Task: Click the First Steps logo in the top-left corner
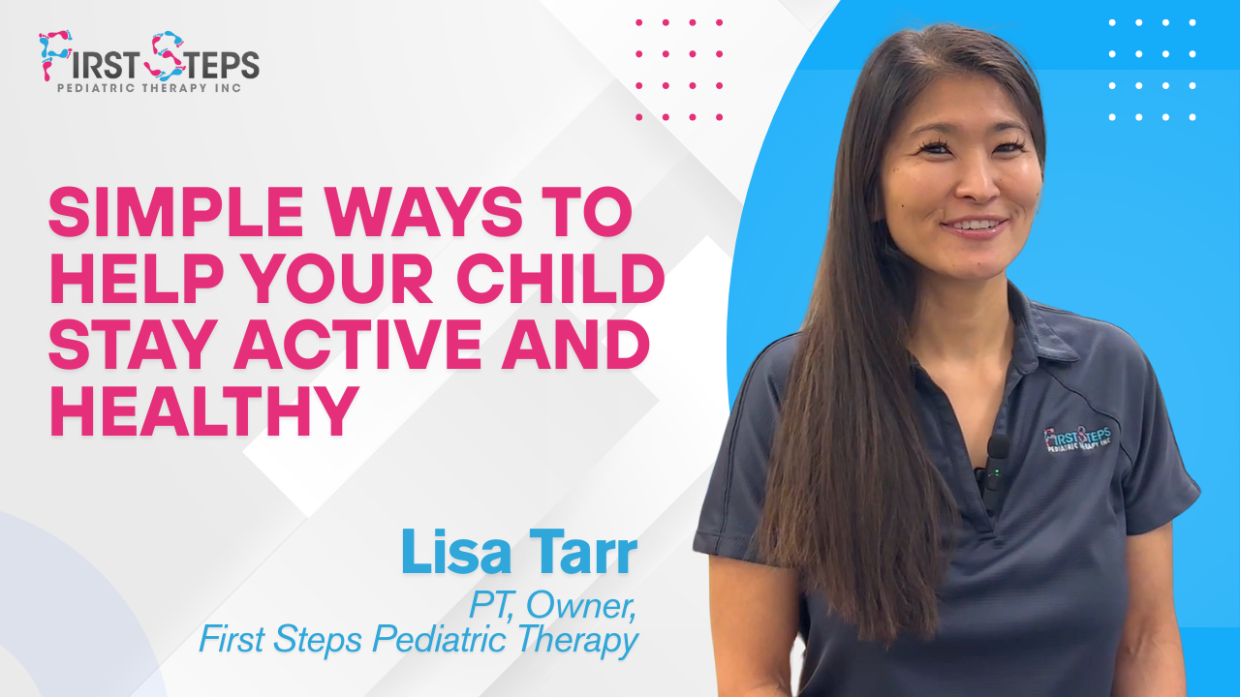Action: click(149, 61)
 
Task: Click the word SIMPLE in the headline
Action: click(176, 212)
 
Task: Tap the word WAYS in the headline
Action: click(423, 212)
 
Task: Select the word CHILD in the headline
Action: click(561, 278)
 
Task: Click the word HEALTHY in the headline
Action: click(202, 410)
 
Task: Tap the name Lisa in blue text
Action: click(455, 552)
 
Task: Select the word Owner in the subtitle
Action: click(580, 606)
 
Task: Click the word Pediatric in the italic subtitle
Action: click(439, 640)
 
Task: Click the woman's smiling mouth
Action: click(976, 227)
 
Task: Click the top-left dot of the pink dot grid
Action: click(638, 22)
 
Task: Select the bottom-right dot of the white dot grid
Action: click(1193, 117)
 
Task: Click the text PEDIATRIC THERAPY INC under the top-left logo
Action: click(149, 88)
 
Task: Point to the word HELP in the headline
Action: click(137, 278)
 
